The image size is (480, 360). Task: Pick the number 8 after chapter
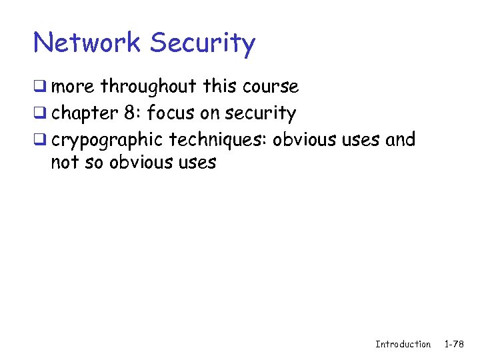(129, 113)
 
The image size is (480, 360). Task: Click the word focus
(171, 113)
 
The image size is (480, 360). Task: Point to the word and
(400, 140)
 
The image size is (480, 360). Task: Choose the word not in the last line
(65, 162)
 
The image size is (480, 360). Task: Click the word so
(96, 162)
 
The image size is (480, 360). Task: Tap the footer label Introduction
(403, 344)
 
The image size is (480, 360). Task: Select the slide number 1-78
(455, 344)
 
